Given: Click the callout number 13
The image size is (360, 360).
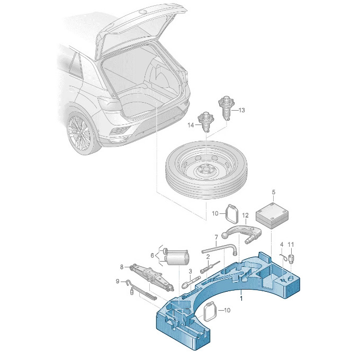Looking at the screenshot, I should (242, 110).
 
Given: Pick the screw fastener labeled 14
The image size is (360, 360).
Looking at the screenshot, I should (206, 125).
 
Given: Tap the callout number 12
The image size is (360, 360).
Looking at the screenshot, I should (245, 215).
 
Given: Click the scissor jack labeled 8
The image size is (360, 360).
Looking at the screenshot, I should (154, 277).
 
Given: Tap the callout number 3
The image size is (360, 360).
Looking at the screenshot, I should (190, 272).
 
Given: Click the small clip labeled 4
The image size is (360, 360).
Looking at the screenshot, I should (284, 257).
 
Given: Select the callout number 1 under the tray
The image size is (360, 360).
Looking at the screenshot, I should (241, 298).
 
